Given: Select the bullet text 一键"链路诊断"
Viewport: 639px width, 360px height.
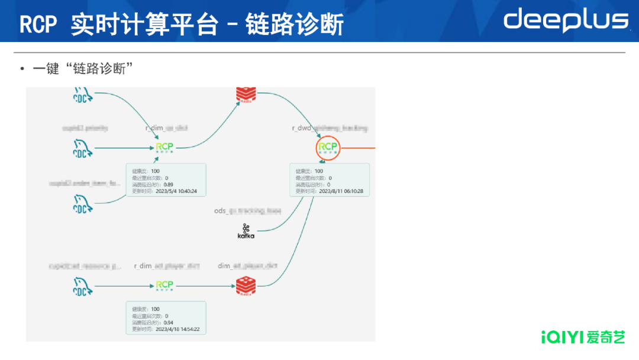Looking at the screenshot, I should coord(82,69).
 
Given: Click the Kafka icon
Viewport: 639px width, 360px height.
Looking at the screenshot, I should coord(246,232).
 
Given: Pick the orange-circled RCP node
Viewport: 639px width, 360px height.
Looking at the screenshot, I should coord(327,147).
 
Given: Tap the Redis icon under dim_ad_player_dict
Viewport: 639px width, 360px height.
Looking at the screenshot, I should coord(245,286).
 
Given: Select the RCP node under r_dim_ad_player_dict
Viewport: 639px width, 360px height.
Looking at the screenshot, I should coord(164,286).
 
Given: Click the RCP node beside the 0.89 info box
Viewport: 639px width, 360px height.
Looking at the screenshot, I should coord(164,147).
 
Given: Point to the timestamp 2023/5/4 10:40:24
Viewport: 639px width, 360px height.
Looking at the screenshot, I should coord(176,191).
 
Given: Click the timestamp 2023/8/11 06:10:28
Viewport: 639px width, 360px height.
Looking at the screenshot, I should coord(341,191).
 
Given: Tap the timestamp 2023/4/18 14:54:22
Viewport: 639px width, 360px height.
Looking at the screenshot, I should coord(178,329).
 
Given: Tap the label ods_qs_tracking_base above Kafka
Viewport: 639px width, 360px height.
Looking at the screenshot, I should coord(247,211).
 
